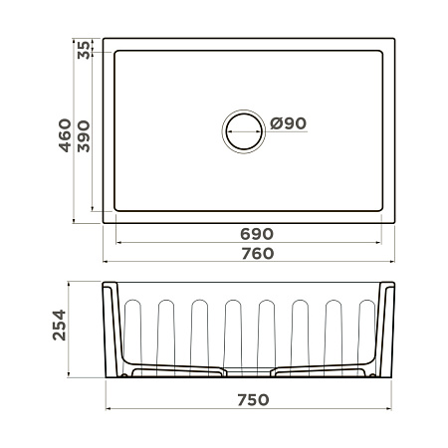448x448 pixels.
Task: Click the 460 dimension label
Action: pyautogui.click(x=65, y=135)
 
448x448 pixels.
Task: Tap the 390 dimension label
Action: pyautogui.click(x=84, y=136)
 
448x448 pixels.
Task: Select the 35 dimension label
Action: pyautogui.click(x=84, y=50)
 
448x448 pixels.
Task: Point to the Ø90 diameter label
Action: pyautogui.click(x=288, y=123)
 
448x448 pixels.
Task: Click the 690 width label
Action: pyautogui.click(x=257, y=234)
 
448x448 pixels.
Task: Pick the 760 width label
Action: pyautogui.click(x=258, y=254)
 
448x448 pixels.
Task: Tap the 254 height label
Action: pyautogui.click(x=60, y=326)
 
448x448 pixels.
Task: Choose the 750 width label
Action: pyautogui.click(x=253, y=400)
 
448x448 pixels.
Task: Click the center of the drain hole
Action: pyautogui.click(x=244, y=131)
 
